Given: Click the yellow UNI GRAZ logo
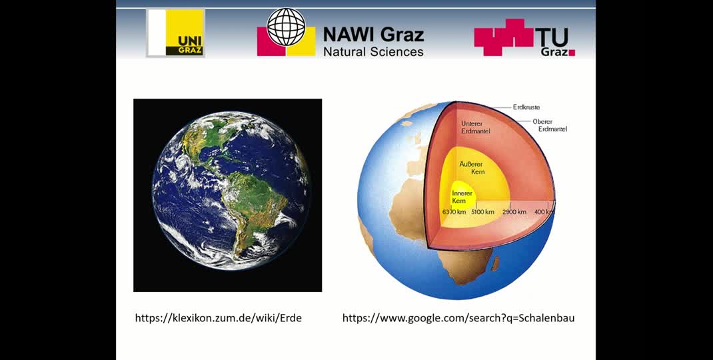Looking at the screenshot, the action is (x=175, y=33).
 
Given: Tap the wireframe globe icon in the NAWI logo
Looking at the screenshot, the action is (x=286, y=27).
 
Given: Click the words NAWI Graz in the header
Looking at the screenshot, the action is (x=373, y=34).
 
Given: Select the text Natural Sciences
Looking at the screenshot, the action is (x=373, y=51).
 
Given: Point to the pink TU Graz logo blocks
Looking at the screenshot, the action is (x=504, y=37).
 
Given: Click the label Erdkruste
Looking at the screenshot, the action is (x=526, y=107).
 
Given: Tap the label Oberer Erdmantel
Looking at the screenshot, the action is (x=550, y=125).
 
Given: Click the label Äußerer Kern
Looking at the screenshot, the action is (x=472, y=167).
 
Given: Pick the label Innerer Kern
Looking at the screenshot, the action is (x=462, y=197).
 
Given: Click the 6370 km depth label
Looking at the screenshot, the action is (x=454, y=212).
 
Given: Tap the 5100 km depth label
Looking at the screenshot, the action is (x=483, y=212).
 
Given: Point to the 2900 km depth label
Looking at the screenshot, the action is (x=514, y=212).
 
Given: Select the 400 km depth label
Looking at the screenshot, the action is (x=544, y=212).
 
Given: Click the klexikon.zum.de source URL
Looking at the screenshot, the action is (x=219, y=318).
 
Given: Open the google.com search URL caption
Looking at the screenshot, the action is (x=458, y=318).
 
